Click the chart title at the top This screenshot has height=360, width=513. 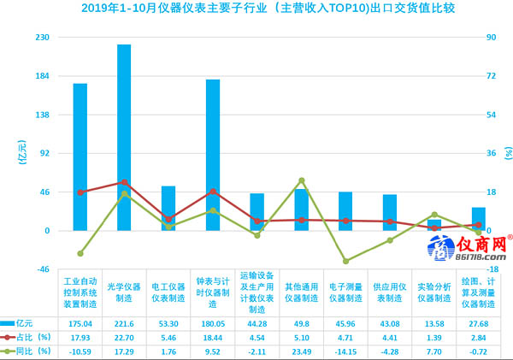pos(256,9)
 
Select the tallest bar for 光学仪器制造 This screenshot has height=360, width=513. pos(124,137)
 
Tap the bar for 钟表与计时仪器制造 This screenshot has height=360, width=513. pos(213,155)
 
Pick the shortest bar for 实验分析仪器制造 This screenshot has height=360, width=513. pos(434,225)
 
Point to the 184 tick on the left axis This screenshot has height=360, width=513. pos(41,76)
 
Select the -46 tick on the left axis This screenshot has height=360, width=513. pos(41,269)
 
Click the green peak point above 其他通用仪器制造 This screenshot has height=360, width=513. pos(302,180)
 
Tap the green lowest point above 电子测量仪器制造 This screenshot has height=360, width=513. pos(345,261)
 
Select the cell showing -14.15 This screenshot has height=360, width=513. pos(345,351)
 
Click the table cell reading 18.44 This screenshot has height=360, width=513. pos(213,337)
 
